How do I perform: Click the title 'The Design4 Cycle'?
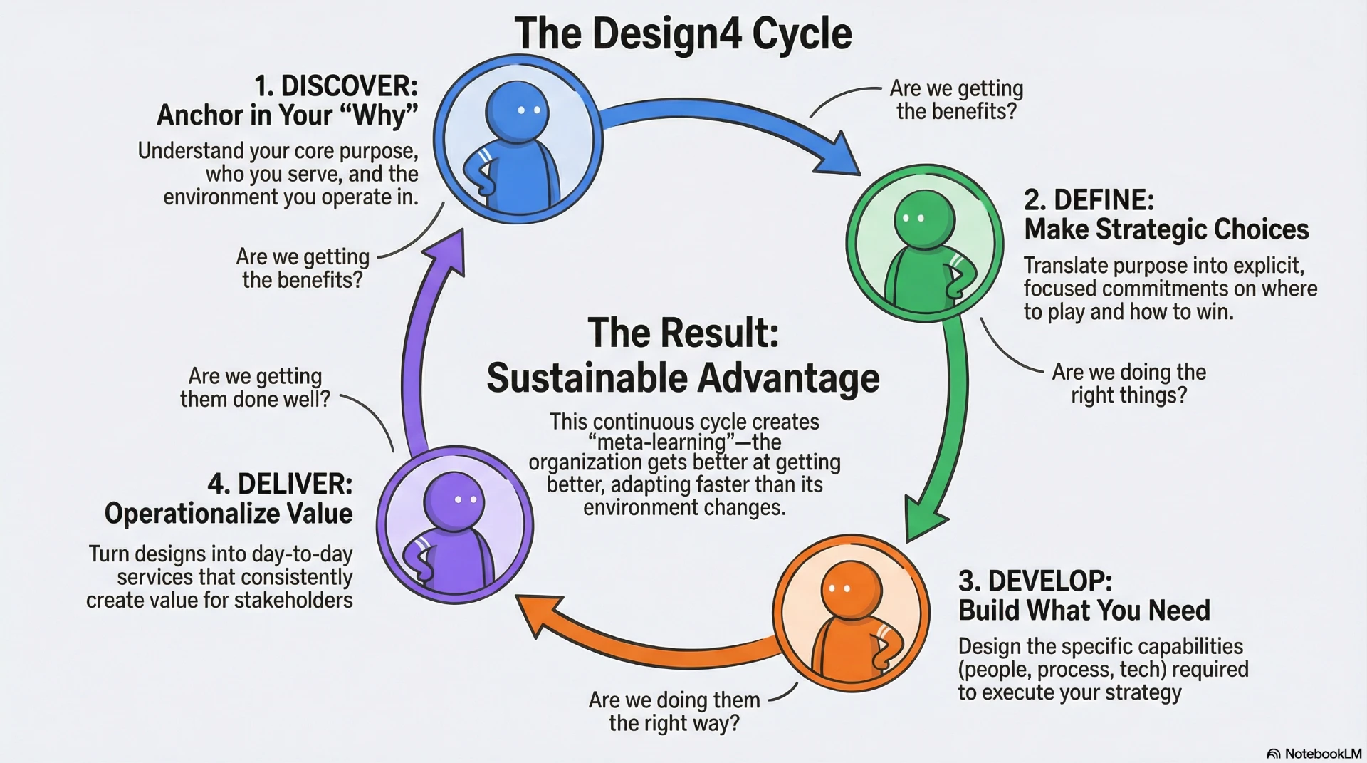click(x=683, y=33)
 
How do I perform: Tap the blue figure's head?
click(x=518, y=110)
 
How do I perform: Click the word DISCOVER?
click(x=349, y=86)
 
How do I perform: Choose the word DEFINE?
click(x=1104, y=200)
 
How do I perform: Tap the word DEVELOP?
click(x=1049, y=581)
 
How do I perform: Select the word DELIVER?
click(x=295, y=484)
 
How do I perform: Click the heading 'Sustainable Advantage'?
click(x=683, y=378)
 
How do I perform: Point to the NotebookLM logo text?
click(x=1323, y=754)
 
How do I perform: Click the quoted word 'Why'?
click(x=382, y=115)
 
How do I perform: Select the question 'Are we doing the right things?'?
click(x=1129, y=383)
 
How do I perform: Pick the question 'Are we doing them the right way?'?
click(x=674, y=712)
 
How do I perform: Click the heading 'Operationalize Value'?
click(x=229, y=514)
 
